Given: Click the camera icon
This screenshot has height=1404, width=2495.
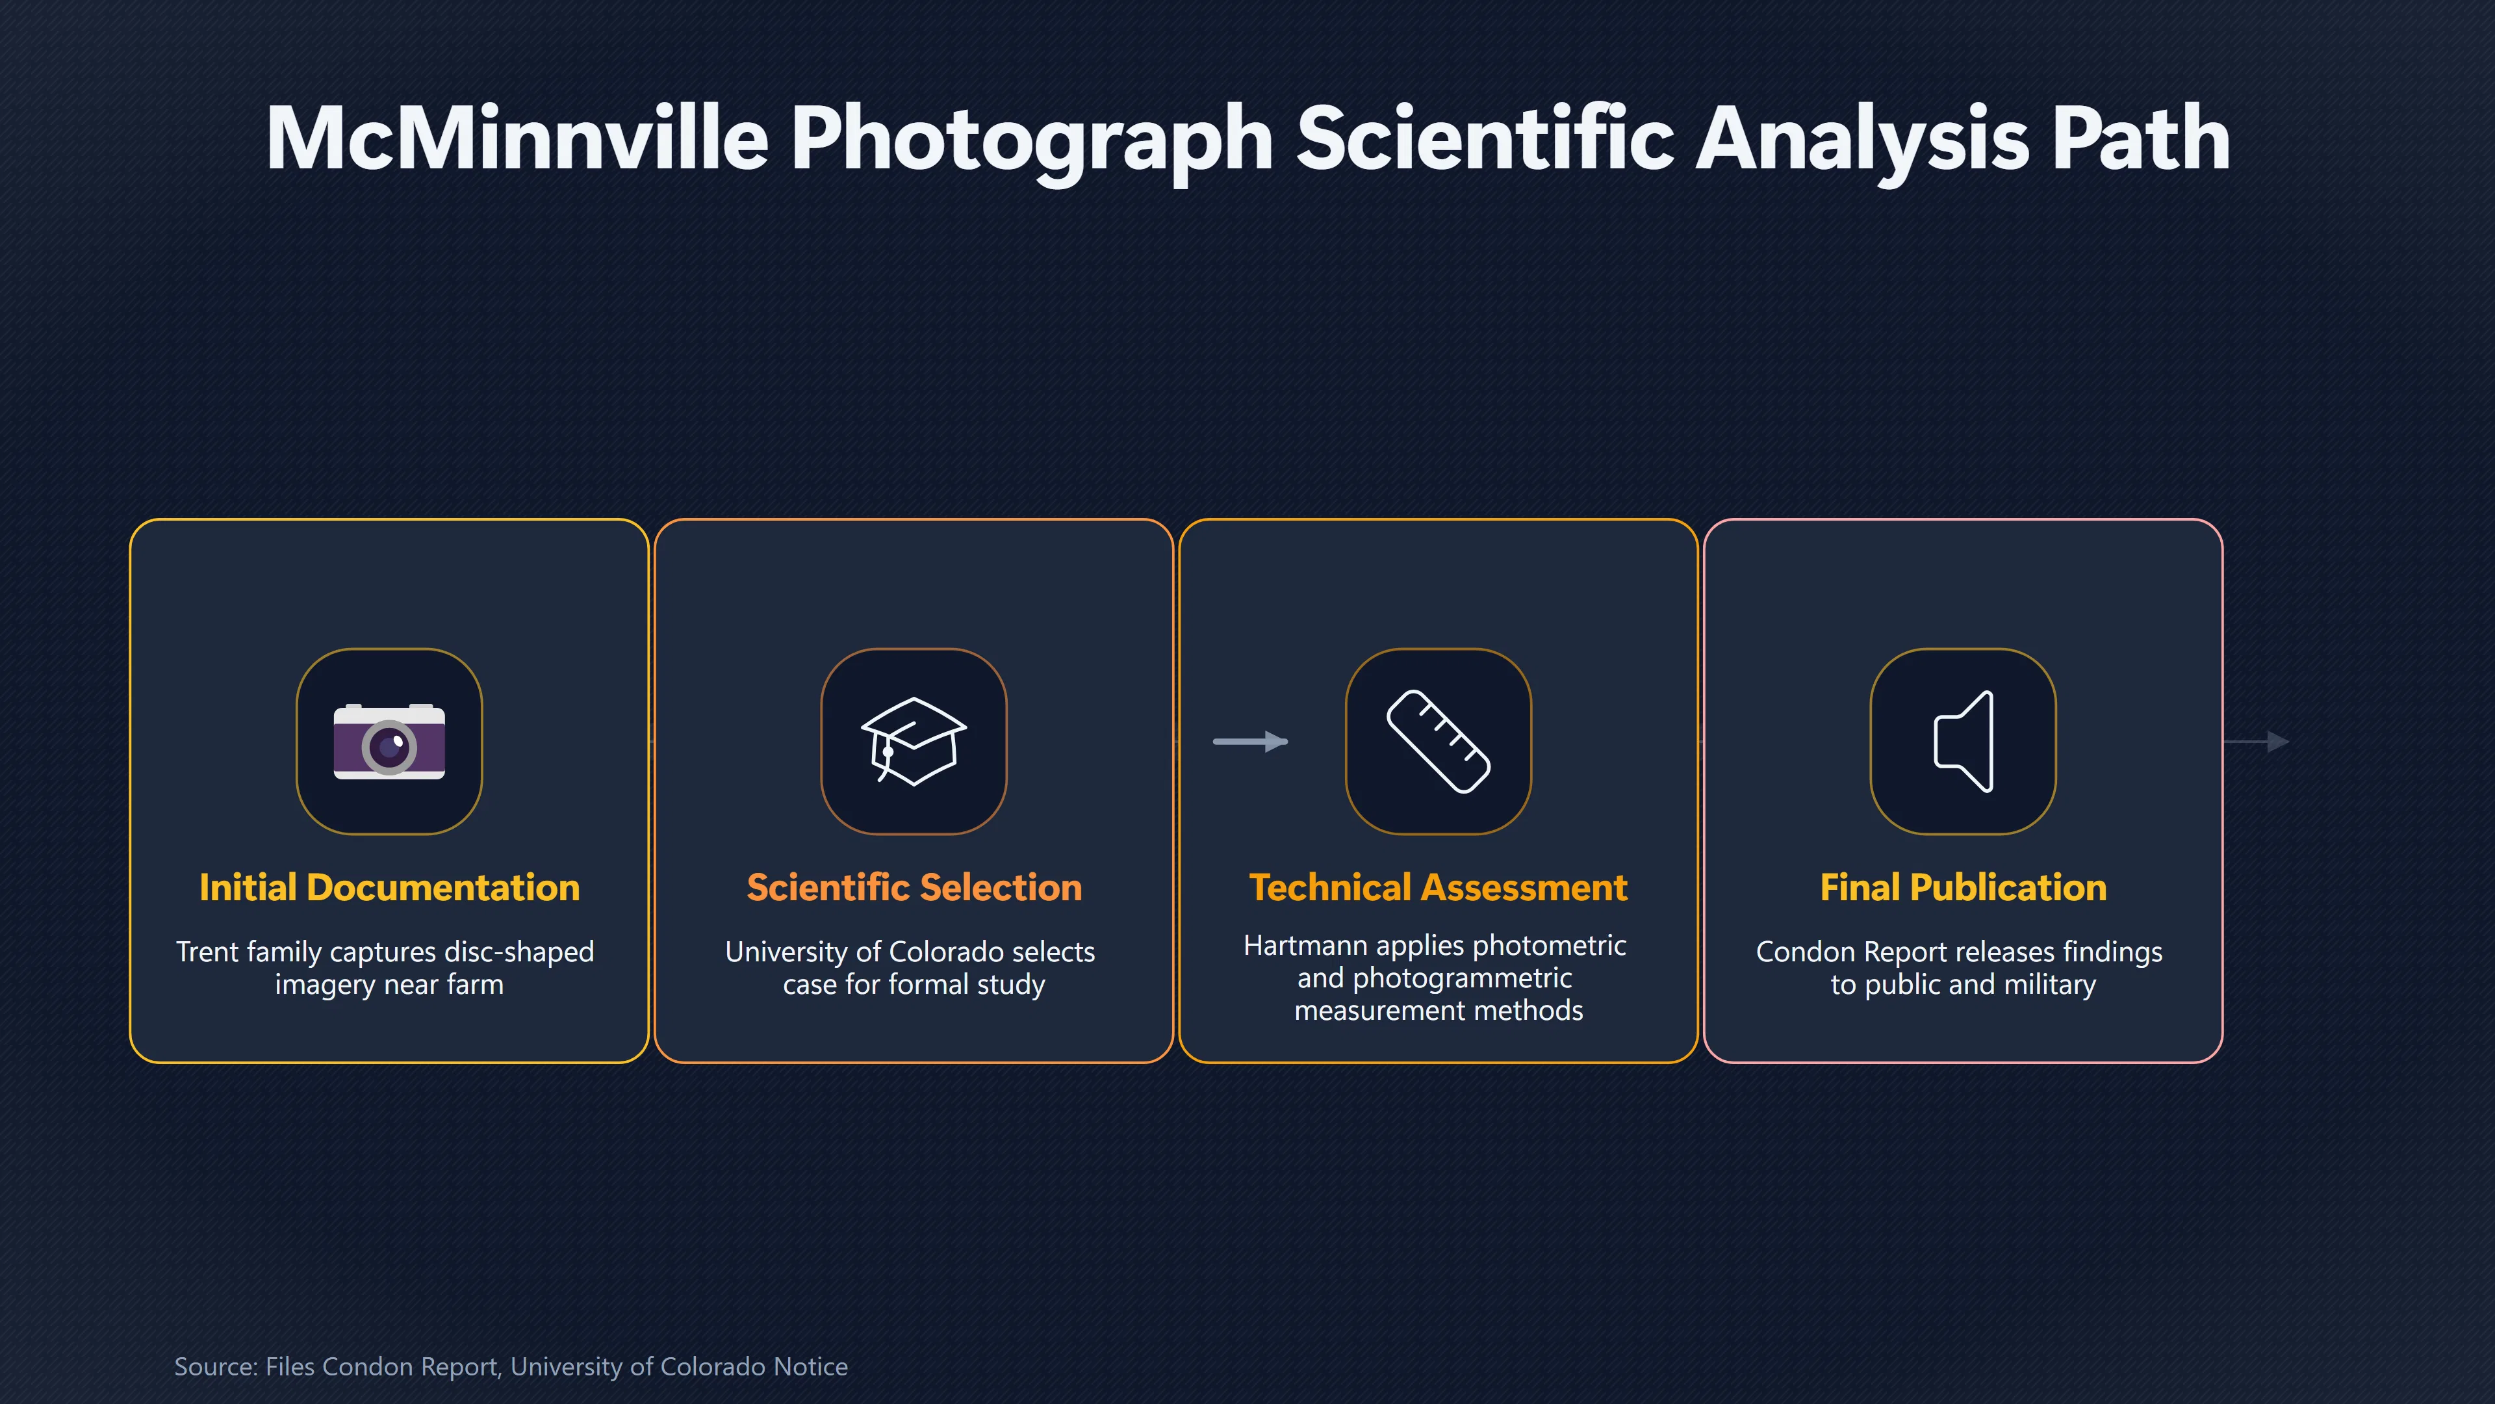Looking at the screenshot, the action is tap(389, 741).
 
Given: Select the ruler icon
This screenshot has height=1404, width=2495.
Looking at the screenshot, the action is tap(1439, 741).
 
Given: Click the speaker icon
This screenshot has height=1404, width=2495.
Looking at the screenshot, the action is tap(1964, 741).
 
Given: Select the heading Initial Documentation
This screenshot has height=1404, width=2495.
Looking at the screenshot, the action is tap(389, 887).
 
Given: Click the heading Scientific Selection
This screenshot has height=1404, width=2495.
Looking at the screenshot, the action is tap(914, 887).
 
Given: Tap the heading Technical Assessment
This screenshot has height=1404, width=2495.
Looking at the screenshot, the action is tap(1439, 887).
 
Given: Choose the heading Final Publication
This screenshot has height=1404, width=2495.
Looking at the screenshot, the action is tap(1964, 887).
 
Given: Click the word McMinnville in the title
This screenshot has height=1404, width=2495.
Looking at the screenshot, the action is tap(517, 138).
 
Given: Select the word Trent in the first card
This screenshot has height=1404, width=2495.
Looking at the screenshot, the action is tap(207, 952).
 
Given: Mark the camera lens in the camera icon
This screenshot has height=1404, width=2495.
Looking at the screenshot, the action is tap(389, 747).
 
